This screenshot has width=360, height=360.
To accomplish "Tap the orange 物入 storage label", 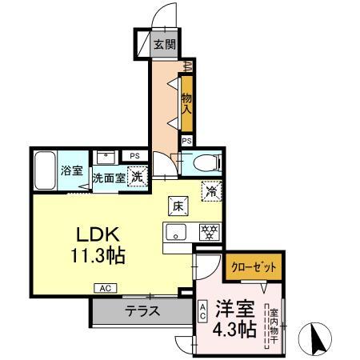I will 186,99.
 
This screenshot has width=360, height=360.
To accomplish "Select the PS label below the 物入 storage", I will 186,141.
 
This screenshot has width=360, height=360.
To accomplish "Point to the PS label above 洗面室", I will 134,155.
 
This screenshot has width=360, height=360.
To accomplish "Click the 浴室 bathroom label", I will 71,170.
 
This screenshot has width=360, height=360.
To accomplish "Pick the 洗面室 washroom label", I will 106,178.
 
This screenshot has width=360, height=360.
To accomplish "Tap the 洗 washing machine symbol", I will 137,177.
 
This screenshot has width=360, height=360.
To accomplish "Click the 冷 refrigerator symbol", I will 212,192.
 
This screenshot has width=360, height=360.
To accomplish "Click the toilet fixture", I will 206,163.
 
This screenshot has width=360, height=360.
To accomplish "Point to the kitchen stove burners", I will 210,233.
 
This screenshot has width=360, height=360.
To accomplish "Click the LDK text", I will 98,236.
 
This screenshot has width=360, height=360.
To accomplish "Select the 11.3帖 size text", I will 98,258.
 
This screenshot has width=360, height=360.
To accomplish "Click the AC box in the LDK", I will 106,288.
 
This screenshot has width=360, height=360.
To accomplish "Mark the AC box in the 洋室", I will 203,310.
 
